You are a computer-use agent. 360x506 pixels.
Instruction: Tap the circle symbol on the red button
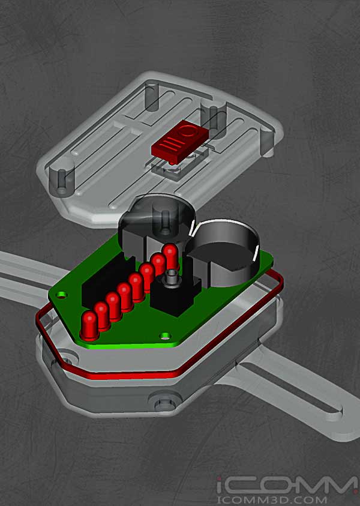coord(187,131)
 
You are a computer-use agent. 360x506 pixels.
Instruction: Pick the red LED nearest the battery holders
coord(170,255)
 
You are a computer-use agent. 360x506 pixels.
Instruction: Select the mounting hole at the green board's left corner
coord(61,294)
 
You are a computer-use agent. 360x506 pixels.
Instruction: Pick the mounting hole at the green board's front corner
coord(166,336)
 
